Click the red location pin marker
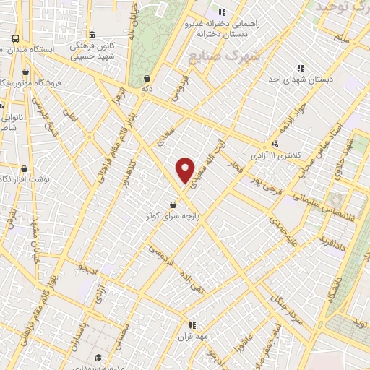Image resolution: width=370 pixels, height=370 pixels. (186, 170)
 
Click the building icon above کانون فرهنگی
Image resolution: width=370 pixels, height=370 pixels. (91, 35)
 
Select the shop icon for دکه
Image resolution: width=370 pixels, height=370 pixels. (147, 79)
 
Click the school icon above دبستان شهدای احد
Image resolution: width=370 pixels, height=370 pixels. (301, 68)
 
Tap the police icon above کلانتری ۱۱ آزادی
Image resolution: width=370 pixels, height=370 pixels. (275, 144)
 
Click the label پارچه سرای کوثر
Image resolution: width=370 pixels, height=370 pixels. (171, 215)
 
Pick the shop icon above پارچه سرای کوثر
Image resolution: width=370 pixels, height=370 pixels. (172, 205)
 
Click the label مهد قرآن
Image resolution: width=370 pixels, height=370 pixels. (193, 336)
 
